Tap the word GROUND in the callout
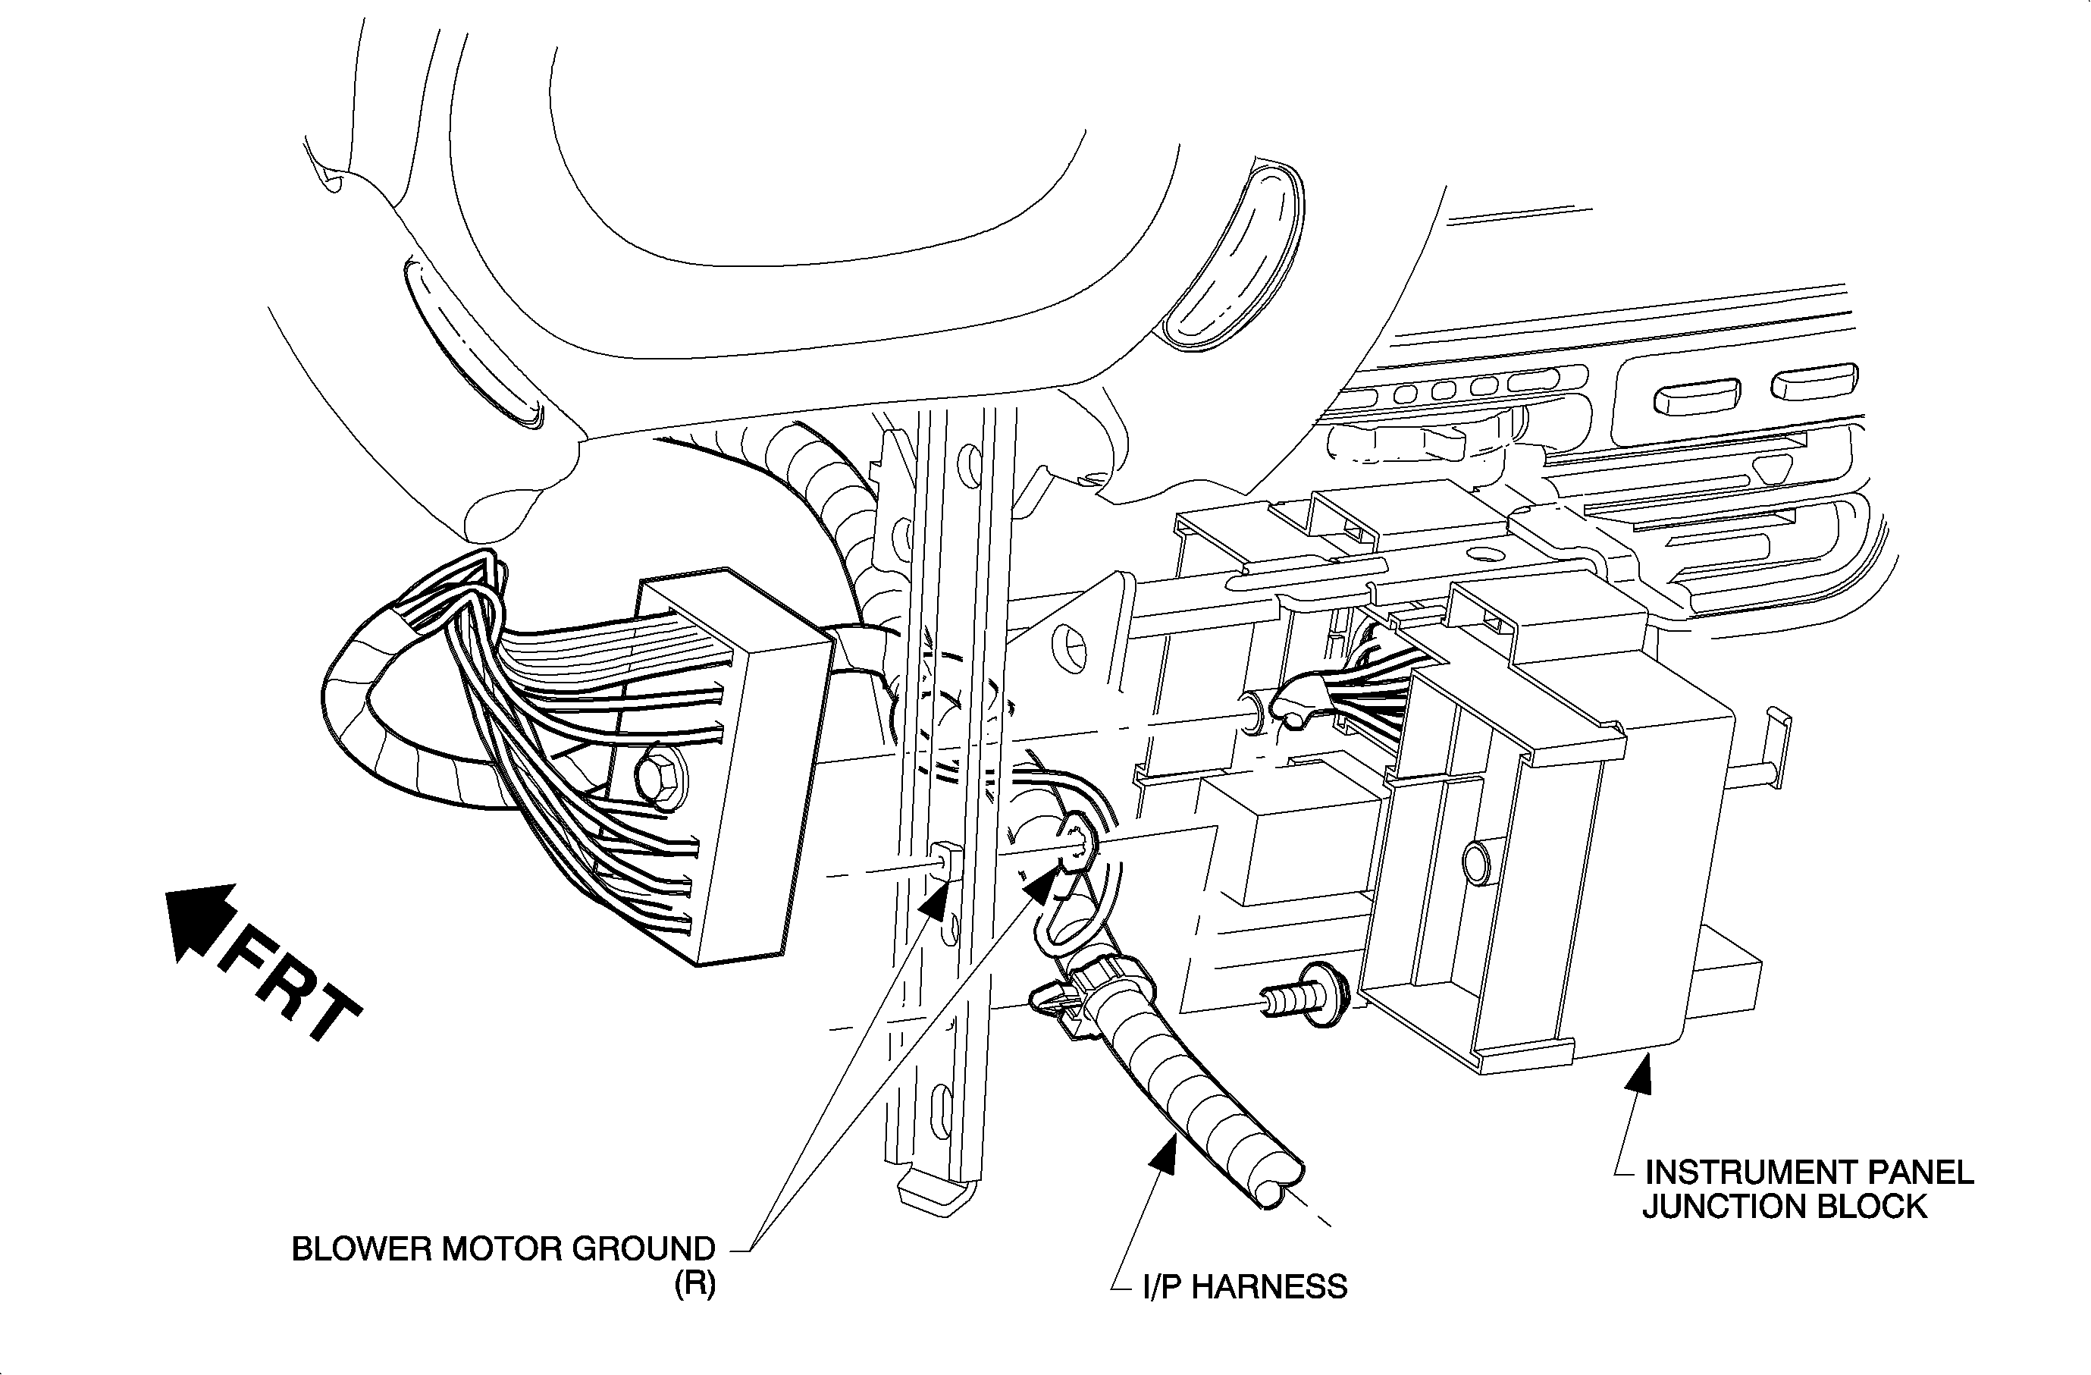(x=643, y=1248)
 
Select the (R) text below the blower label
(x=695, y=1285)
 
